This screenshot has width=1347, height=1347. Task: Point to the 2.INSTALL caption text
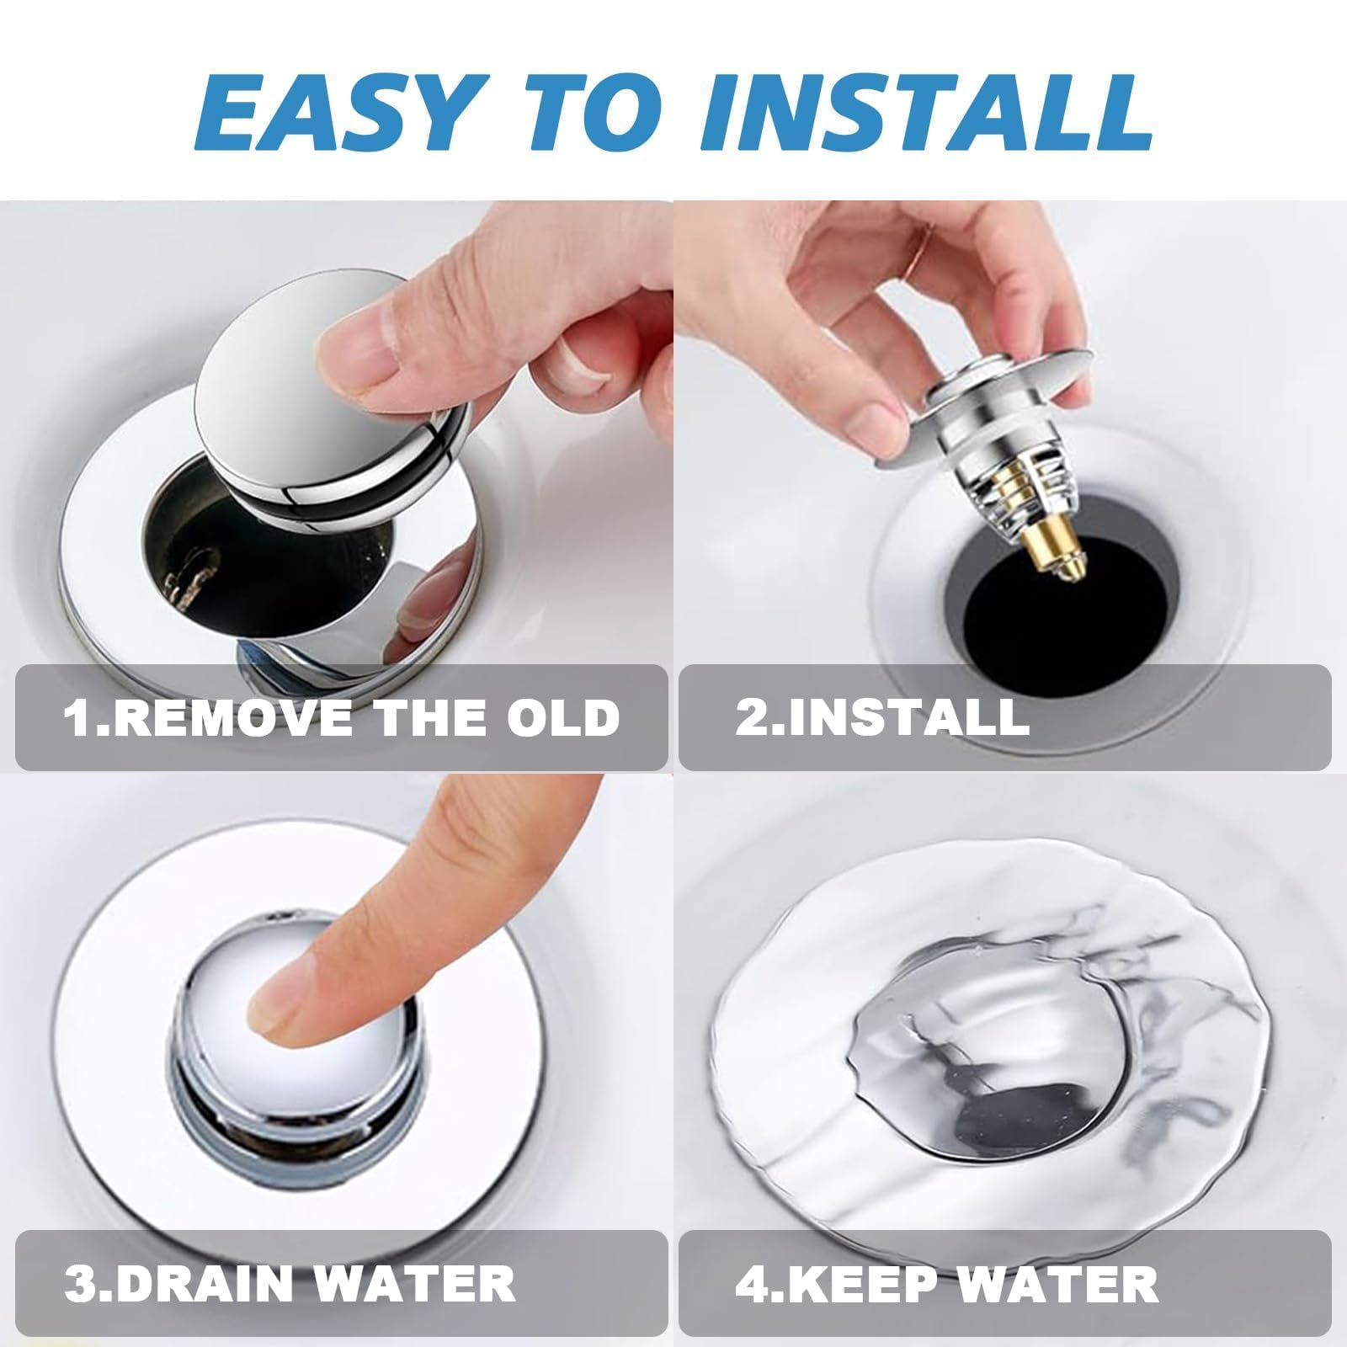click(883, 717)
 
